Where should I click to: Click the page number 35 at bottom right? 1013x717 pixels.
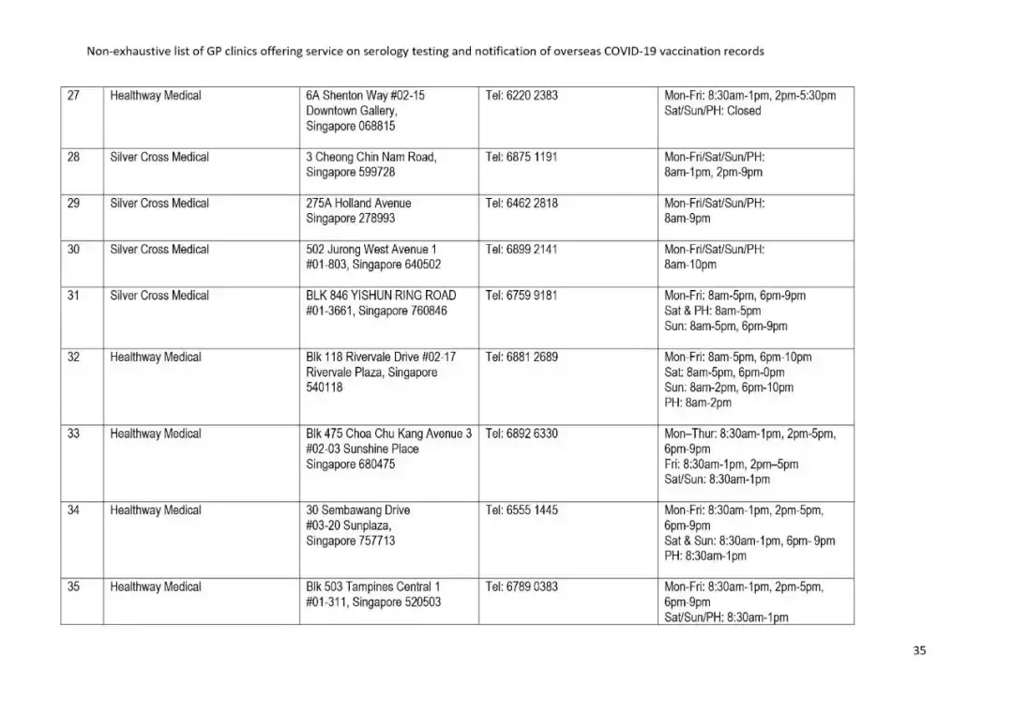coord(919,650)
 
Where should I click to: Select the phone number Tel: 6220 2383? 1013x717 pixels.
coord(522,96)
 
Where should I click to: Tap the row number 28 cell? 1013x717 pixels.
coord(73,158)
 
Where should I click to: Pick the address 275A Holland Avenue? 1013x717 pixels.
coord(358,204)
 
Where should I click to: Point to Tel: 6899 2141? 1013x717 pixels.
coord(522,250)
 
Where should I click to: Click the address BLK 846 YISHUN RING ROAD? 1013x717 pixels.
coord(381,296)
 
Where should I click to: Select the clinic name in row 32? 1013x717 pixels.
coord(156,358)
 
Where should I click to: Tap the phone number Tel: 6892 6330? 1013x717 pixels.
coord(522,434)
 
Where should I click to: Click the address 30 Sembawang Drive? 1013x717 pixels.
coord(358,511)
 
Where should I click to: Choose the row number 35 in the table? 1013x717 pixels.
coord(73,587)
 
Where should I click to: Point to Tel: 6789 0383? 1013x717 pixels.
coord(522,587)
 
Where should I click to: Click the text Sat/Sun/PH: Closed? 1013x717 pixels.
coord(713,111)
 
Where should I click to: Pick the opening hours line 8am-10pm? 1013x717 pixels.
coord(689,265)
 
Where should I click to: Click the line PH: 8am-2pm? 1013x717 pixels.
coord(698,403)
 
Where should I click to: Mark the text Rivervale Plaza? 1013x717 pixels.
coord(345,373)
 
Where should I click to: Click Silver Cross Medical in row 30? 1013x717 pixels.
coord(159,250)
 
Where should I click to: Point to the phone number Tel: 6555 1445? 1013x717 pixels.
coord(522,511)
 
